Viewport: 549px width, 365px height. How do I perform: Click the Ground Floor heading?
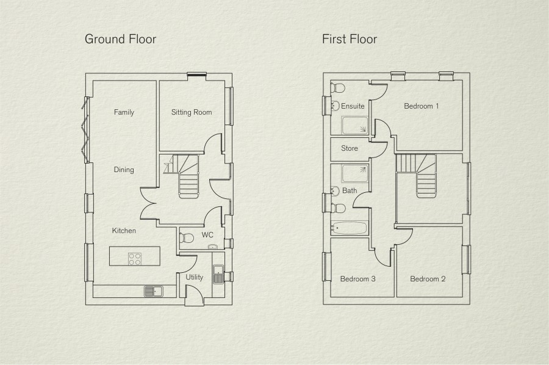tap(120, 39)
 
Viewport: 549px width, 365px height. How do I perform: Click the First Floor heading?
tap(350, 39)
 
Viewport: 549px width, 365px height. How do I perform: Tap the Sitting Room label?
tap(192, 112)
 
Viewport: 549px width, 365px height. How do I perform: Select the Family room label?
tap(124, 112)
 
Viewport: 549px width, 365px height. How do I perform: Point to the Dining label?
tap(124, 170)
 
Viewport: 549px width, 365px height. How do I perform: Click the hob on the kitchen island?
tap(135, 259)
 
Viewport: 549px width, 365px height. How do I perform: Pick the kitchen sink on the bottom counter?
tap(153, 291)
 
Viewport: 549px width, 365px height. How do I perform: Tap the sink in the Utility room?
tap(218, 274)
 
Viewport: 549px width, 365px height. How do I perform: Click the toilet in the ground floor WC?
tap(186, 238)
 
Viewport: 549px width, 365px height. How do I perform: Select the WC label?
tap(207, 235)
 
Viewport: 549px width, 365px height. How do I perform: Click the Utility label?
tap(195, 278)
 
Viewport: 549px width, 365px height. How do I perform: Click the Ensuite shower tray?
tap(354, 125)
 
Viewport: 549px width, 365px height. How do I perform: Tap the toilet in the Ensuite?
tap(337, 87)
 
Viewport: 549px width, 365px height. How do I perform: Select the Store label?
tap(350, 148)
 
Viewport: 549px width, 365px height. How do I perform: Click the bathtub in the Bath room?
tap(349, 228)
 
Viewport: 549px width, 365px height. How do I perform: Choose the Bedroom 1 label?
tap(421, 106)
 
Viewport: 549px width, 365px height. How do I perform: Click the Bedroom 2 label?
tap(428, 279)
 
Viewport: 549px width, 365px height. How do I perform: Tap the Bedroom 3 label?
tap(358, 279)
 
